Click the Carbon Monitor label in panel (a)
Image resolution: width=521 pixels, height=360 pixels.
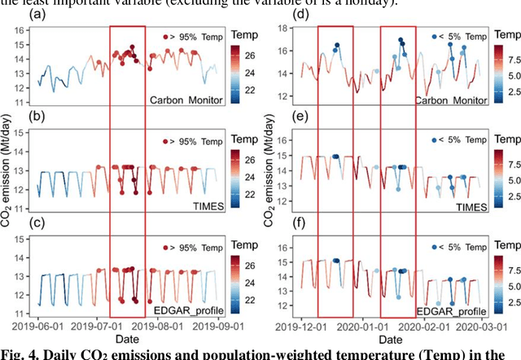(x=186, y=101)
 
